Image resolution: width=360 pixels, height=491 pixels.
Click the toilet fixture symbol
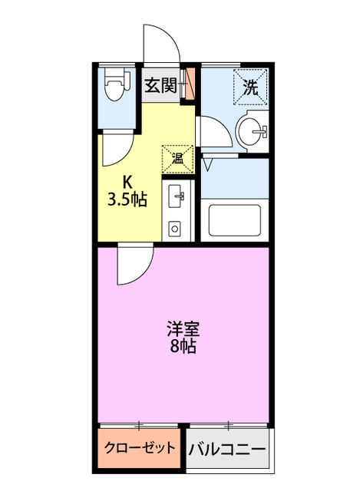click(x=117, y=84)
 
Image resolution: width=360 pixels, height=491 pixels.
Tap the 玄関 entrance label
click(x=160, y=85)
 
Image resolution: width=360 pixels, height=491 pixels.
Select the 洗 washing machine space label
click(x=251, y=87)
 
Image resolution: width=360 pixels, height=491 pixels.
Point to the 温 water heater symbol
click(x=177, y=159)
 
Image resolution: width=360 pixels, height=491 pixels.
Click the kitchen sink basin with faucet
click(x=176, y=196)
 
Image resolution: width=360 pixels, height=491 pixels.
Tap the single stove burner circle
click(x=174, y=229)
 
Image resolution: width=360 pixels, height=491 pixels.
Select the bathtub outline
click(x=235, y=219)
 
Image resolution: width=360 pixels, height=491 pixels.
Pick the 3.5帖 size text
click(x=127, y=199)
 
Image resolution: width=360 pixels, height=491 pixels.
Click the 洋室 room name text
click(x=183, y=329)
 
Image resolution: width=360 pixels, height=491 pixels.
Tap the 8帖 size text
click(x=183, y=346)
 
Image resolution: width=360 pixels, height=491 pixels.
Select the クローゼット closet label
click(x=140, y=447)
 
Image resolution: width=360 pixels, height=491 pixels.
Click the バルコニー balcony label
click(x=227, y=450)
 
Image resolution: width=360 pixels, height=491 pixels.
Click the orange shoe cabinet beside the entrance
click(x=190, y=84)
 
